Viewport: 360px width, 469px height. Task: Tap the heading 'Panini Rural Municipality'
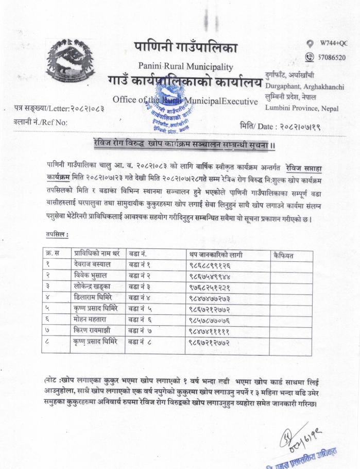tap(185, 66)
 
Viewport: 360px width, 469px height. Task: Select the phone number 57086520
tap(332, 57)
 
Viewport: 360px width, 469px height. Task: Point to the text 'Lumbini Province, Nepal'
tap(302, 108)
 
